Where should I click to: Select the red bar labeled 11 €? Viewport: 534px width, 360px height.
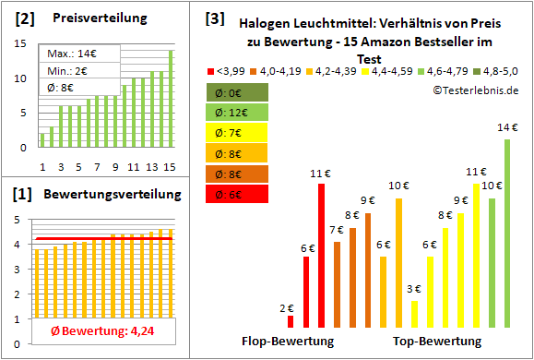click(321, 255)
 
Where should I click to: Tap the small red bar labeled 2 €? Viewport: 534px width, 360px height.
click(291, 321)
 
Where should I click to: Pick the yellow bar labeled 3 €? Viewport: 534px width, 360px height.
click(415, 314)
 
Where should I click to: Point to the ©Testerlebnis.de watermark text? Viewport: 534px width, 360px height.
click(475, 90)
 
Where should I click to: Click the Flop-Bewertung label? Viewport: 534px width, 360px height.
click(288, 342)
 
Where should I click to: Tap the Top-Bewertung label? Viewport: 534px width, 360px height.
click(437, 342)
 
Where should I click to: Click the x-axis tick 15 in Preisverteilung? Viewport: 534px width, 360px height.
click(170, 166)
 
